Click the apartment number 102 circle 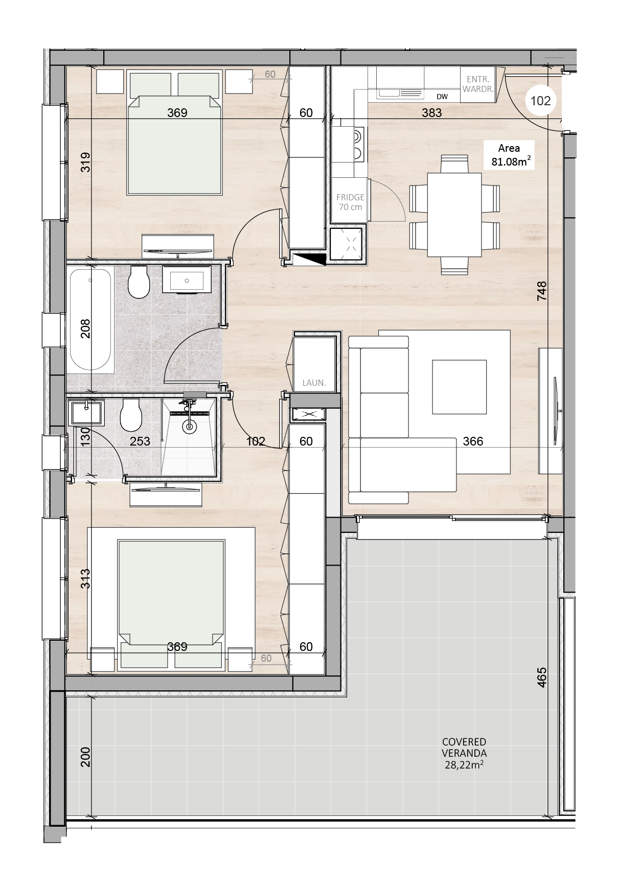coord(540,101)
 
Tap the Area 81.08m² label coord(509,155)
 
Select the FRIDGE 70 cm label coord(350,202)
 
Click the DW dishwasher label coord(442,97)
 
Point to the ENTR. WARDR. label coord(478,84)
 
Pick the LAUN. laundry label coord(314,382)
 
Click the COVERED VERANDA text coord(464,747)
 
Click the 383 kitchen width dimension coord(431,112)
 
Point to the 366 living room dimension coord(473,441)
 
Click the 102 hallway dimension coord(256,441)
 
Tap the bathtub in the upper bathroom coord(90,319)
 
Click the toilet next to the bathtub coord(138,282)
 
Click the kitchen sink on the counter coord(401,92)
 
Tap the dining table coord(454,215)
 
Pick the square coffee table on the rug coord(459,386)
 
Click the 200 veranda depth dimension coord(85,757)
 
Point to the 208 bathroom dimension coord(85,329)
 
